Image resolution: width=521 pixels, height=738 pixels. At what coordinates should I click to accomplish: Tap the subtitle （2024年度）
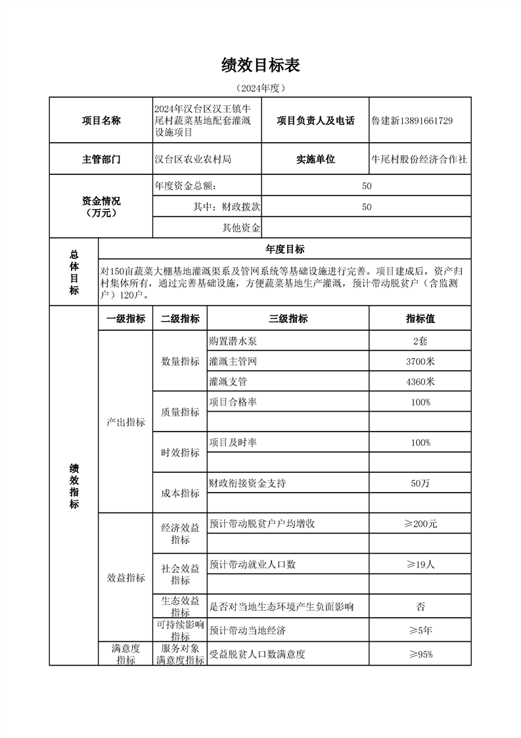261,87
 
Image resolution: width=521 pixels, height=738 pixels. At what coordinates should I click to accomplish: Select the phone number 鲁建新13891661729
411,120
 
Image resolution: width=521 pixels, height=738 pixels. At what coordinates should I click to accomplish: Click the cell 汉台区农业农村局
193,159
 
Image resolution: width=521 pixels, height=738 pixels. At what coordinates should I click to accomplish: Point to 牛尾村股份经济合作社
419,159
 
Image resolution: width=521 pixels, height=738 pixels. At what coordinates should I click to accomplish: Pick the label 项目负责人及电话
315,120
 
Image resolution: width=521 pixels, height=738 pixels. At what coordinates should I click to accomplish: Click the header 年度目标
284,249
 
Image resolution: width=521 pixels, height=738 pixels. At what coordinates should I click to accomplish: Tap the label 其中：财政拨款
227,207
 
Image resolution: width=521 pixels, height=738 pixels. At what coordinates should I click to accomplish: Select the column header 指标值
420,319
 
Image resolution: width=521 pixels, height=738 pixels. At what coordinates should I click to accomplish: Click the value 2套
420,341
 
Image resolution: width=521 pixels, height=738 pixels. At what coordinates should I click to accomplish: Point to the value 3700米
420,361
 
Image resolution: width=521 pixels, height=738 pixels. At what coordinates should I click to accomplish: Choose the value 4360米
420,381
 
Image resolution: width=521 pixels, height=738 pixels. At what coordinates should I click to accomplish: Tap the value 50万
420,483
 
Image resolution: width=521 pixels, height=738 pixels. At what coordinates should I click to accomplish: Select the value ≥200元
420,524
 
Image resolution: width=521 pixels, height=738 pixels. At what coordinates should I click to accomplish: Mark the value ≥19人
420,564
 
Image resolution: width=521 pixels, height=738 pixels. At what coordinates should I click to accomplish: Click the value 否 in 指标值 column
420,606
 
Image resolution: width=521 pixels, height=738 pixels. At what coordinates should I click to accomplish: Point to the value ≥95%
420,654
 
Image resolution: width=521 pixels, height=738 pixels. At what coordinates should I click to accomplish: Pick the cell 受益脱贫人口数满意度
257,654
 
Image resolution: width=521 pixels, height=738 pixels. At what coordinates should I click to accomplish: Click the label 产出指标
125,422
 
